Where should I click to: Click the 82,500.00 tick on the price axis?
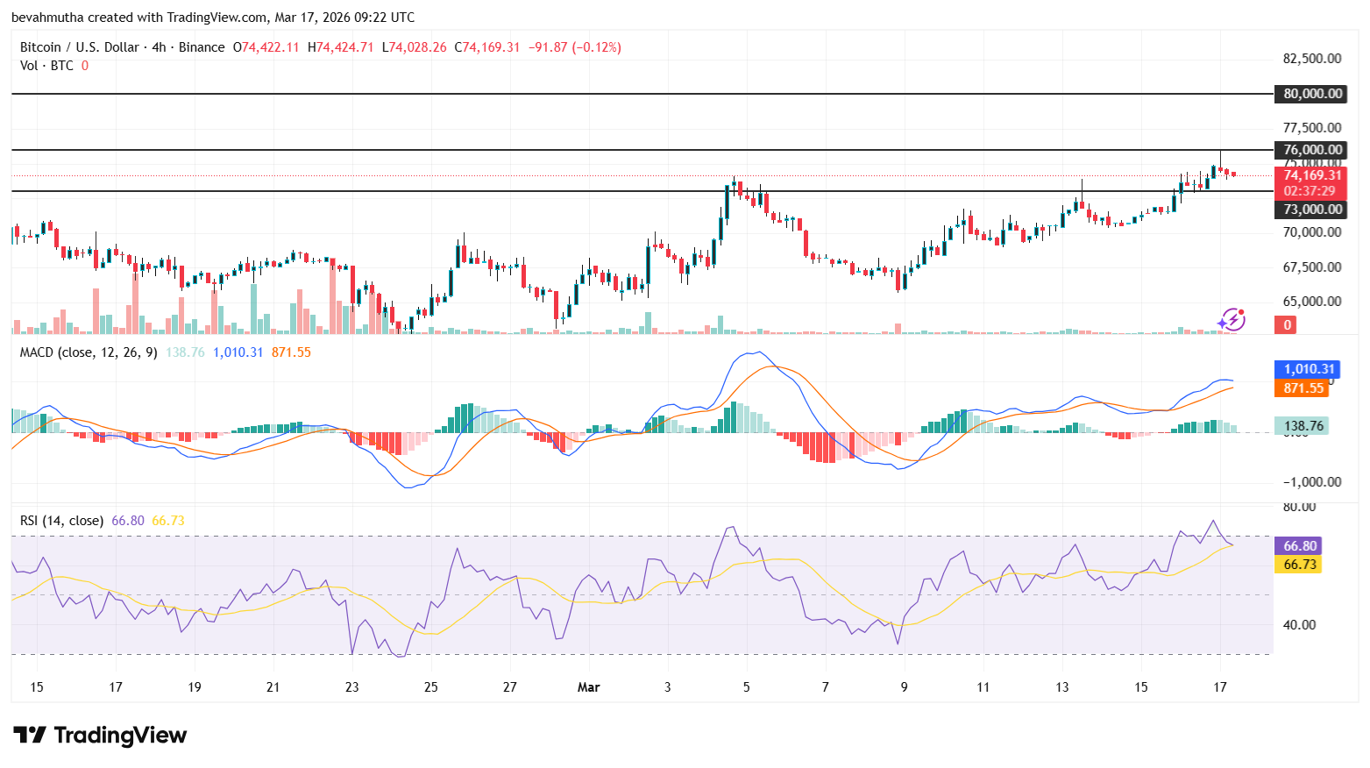1311,59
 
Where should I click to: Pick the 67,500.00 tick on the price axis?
1311,267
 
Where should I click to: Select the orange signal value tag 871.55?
1303,388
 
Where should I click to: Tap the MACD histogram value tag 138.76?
1303,426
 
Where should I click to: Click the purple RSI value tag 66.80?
1299,546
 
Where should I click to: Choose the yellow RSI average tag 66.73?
1299,565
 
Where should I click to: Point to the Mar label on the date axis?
588,687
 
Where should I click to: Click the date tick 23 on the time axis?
352,687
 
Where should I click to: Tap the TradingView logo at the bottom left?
100,735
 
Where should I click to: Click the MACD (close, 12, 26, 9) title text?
89,352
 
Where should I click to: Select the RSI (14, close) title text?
62,521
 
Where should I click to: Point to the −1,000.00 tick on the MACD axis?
1311,482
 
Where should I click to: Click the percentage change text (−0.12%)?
596,47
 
